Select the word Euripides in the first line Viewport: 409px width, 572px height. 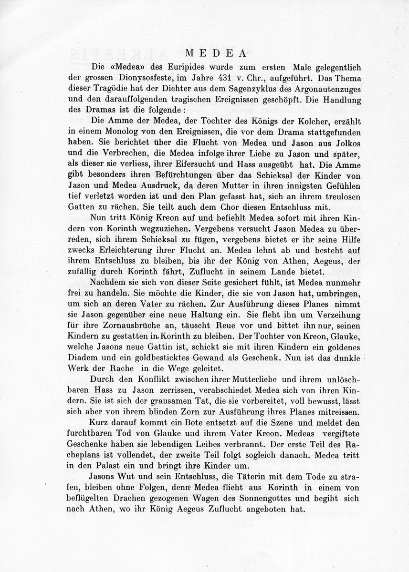click(168, 64)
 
